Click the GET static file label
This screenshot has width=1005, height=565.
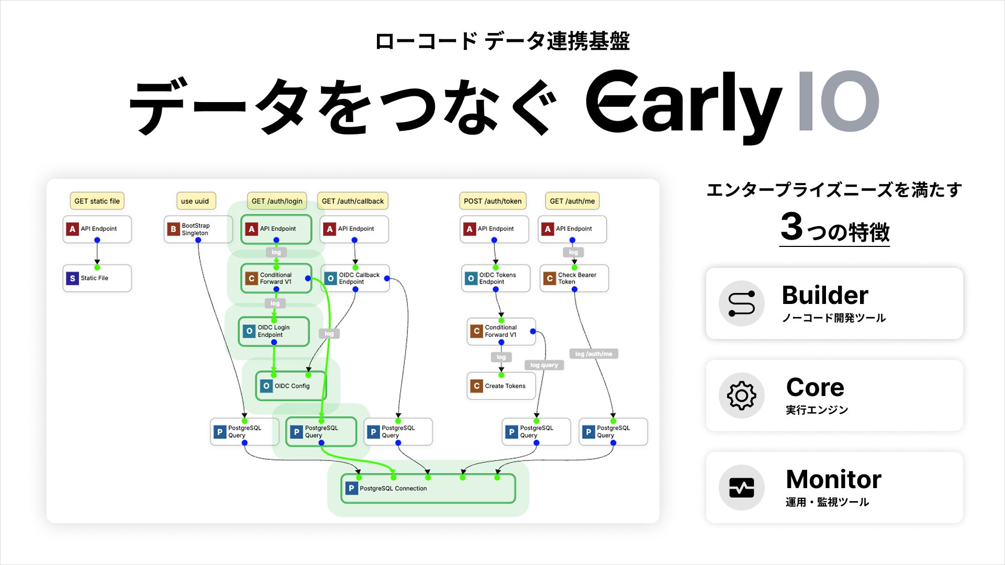[97, 201]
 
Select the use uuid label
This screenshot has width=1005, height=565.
[195, 201]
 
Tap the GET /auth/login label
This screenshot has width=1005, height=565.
[276, 201]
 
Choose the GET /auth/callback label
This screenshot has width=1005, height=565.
[352, 201]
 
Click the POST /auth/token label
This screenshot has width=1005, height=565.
[493, 201]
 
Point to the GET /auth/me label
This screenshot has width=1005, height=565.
[572, 201]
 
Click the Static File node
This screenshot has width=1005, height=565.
[97, 278]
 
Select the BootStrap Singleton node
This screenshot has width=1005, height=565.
[197, 229]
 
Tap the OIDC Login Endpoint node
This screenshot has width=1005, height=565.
[274, 331]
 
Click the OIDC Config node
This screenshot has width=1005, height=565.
[291, 386]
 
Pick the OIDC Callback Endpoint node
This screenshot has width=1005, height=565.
[355, 278]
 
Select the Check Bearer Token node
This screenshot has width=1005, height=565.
[574, 278]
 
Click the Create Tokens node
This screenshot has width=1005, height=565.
[501, 386]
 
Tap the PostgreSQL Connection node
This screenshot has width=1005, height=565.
[428, 489]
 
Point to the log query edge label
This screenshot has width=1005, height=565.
[544, 365]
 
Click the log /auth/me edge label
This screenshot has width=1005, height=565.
[594, 354]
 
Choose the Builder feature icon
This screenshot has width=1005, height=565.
[741, 303]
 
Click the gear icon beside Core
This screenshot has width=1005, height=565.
[741, 395]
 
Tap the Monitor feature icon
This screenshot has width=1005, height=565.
[741, 488]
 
